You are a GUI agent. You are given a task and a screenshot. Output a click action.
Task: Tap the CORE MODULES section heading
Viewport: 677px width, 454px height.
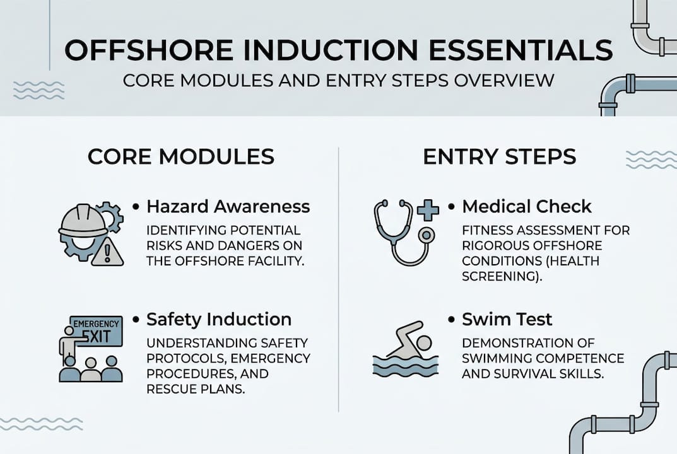coord(181,156)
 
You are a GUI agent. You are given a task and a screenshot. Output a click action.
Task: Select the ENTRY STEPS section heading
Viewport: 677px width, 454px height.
coord(500,156)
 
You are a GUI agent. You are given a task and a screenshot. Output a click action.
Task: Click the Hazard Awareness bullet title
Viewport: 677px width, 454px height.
coord(228,207)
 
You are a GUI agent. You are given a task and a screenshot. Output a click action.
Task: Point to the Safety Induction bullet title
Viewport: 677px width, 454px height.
coord(219,319)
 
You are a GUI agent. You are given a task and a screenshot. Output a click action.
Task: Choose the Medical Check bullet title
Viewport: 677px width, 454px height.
coord(526,207)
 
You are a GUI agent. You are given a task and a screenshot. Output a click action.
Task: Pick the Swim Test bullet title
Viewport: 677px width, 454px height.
coord(507,319)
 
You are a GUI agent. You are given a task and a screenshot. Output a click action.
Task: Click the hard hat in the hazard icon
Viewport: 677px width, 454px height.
coord(83,220)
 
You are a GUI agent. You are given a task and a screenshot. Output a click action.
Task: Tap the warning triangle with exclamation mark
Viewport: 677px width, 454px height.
coord(107,252)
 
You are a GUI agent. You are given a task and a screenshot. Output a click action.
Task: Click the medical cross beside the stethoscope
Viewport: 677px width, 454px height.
coord(428,210)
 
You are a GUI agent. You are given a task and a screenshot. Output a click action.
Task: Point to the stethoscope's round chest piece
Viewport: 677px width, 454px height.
coord(426,235)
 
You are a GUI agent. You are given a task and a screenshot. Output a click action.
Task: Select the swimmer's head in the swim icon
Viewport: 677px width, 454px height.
coord(423,343)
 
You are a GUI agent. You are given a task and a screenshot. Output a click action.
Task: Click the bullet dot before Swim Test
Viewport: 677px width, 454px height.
coord(452,320)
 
